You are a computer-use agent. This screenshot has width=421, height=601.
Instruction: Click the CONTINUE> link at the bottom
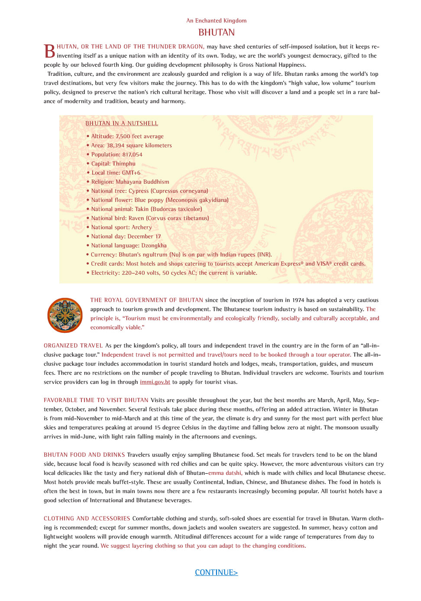click(x=216, y=572)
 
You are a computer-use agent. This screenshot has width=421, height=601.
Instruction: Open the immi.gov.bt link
click(x=155, y=382)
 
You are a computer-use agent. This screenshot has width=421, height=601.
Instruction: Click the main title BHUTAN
click(x=216, y=32)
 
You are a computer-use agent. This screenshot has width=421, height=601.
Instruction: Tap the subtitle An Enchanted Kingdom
click(x=216, y=20)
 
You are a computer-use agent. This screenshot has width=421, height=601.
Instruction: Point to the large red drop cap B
click(x=50, y=51)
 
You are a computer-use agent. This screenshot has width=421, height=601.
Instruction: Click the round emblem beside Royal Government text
click(x=65, y=315)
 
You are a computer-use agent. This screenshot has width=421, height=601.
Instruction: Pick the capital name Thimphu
click(x=124, y=164)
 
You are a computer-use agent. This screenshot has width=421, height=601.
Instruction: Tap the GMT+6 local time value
click(x=131, y=173)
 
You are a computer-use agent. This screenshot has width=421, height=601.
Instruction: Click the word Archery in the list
click(x=142, y=227)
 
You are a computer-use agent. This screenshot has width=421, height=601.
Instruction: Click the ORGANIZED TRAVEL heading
click(x=73, y=346)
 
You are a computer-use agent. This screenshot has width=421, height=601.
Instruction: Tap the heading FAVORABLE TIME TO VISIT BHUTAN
click(x=96, y=400)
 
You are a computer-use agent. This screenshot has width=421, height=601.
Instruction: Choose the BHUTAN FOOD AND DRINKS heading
click(x=84, y=455)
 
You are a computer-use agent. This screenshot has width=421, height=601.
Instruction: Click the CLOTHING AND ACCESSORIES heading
click(x=87, y=519)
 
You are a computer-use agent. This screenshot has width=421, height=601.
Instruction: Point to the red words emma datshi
click(x=225, y=473)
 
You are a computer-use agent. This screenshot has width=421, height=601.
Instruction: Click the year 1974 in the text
click(x=298, y=300)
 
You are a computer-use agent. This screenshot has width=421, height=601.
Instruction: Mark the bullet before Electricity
click(x=88, y=273)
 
